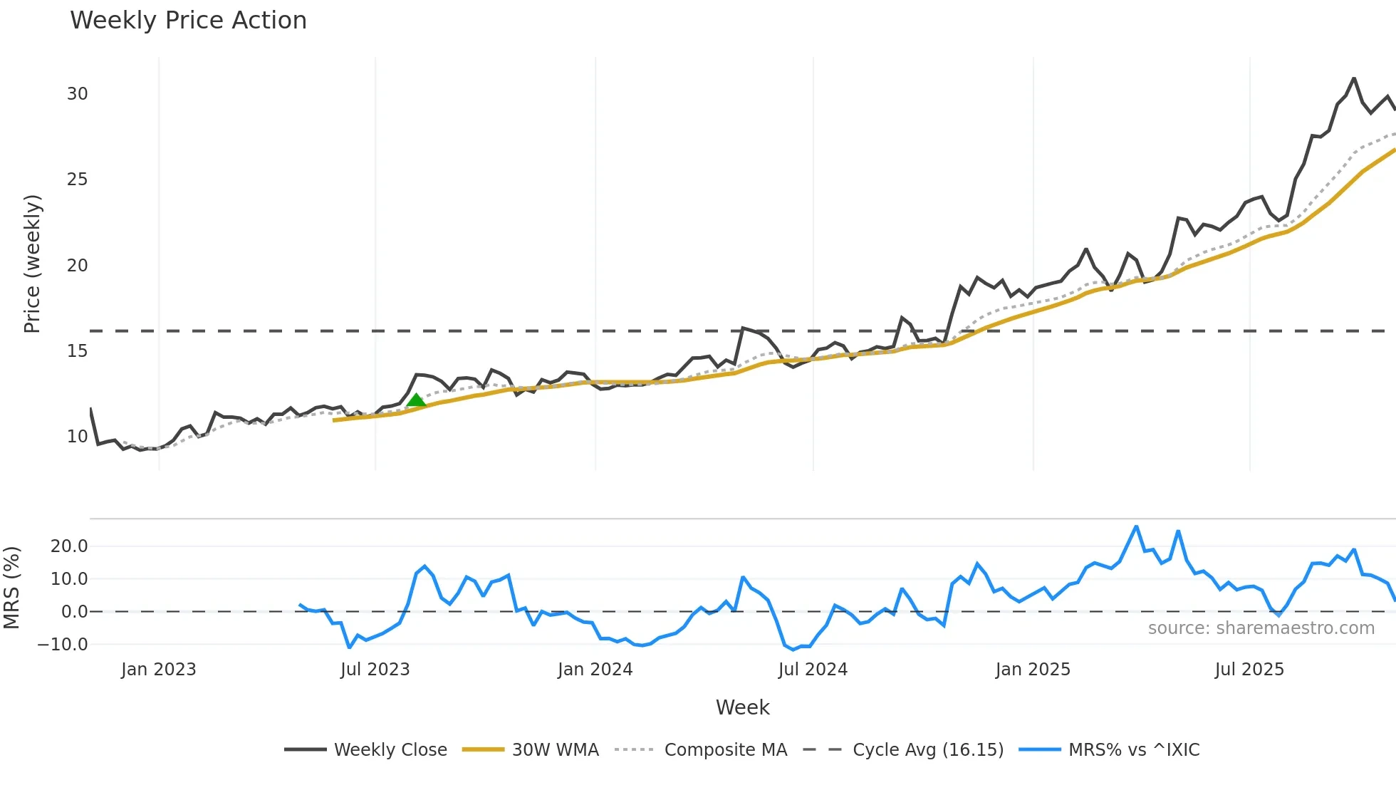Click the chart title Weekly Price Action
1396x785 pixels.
click(188, 21)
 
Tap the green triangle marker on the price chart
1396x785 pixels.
click(416, 400)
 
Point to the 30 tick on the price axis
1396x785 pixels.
click(78, 94)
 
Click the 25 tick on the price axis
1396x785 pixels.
click(78, 180)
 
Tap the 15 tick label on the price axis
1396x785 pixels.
click(78, 351)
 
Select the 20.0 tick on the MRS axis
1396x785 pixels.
click(69, 546)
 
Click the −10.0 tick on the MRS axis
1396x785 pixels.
click(63, 645)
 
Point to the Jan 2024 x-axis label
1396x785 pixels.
click(595, 670)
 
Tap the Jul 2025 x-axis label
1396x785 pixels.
click(1249, 670)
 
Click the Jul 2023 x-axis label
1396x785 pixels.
click(375, 670)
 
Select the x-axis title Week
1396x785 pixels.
click(742, 707)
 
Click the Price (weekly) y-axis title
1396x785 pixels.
click(32, 264)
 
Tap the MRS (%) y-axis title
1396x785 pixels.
click(11, 588)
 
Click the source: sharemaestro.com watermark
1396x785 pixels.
click(1261, 628)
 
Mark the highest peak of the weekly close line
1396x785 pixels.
click(1354, 78)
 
